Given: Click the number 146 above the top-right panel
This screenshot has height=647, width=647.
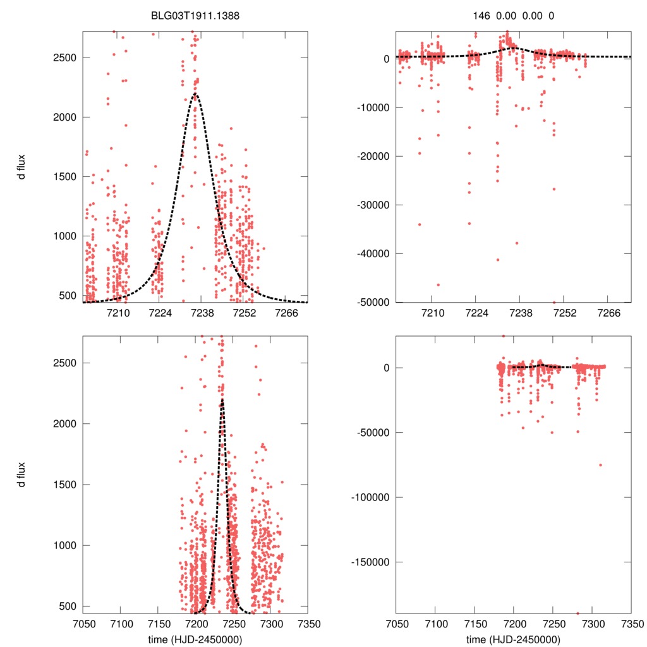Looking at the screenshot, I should pyautogui.click(x=481, y=16).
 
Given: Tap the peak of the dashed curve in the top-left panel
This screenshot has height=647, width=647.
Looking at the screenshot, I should pyautogui.click(x=195, y=94).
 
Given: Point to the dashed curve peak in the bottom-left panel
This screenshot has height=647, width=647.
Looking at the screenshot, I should pyautogui.click(x=222, y=400).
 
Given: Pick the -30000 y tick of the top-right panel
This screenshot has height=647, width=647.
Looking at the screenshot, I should pyautogui.click(x=373, y=205).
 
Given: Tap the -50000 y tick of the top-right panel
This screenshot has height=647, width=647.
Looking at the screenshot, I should pyautogui.click(x=373, y=302).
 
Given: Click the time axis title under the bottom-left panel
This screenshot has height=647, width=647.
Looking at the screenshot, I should pyautogui.click(x=196, y=639).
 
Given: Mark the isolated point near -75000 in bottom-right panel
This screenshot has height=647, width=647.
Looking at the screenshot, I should pyautogui.click(x=600, y=465).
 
